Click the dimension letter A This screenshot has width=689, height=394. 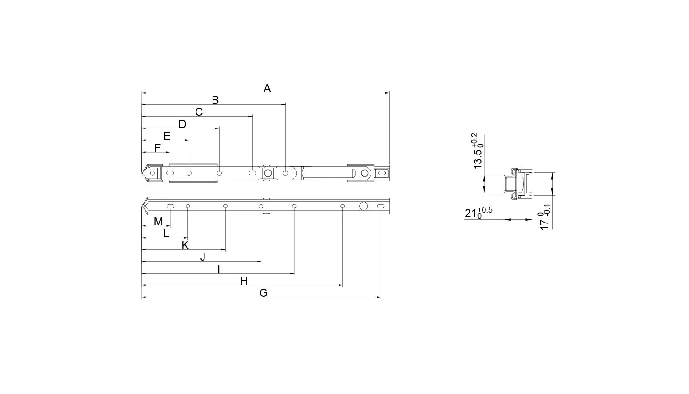pos(267,88)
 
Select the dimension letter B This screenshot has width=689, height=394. pos(215,100)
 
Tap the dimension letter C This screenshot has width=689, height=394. pos(199,112)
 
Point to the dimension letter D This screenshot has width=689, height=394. pos(182,124)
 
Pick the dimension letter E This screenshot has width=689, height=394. pos(167,136)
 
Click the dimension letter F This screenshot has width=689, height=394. pos(157,148)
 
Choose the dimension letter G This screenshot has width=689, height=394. pos(264,293)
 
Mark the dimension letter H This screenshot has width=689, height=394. pos(244,281)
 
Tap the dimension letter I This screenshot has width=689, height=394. pos(219,269)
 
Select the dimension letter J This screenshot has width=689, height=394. pos(203,257)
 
